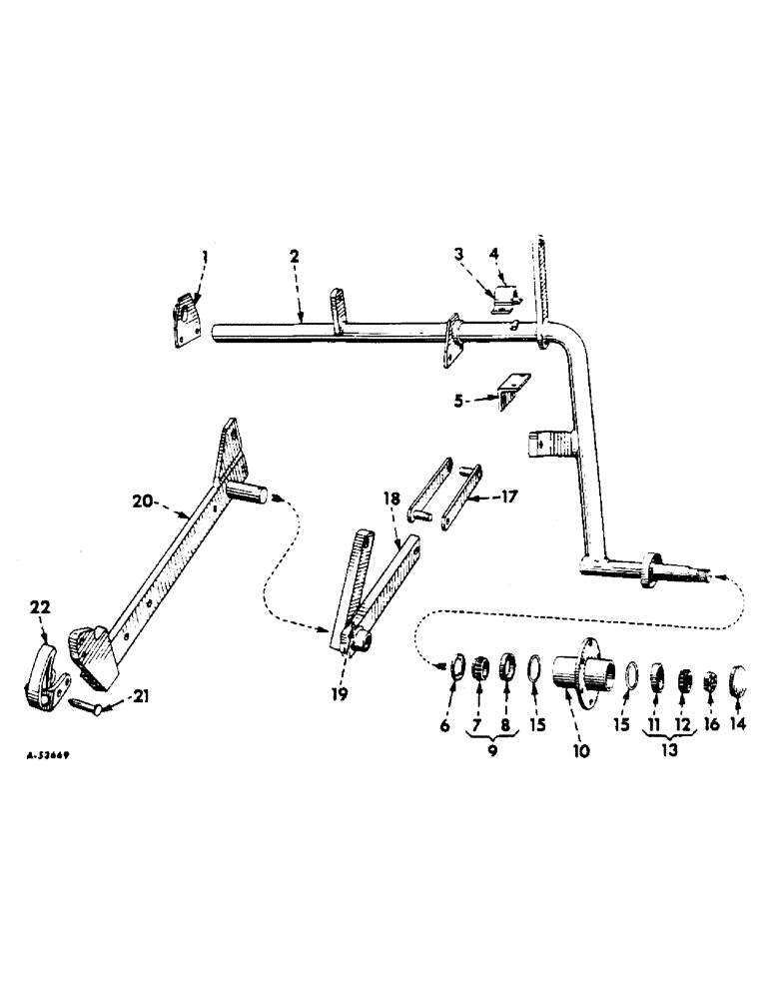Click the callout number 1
[x=204, y=257]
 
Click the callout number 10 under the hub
[x=580, y=748]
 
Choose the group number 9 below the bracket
[x=490, y=749]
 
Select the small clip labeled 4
[x=509, y=296]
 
